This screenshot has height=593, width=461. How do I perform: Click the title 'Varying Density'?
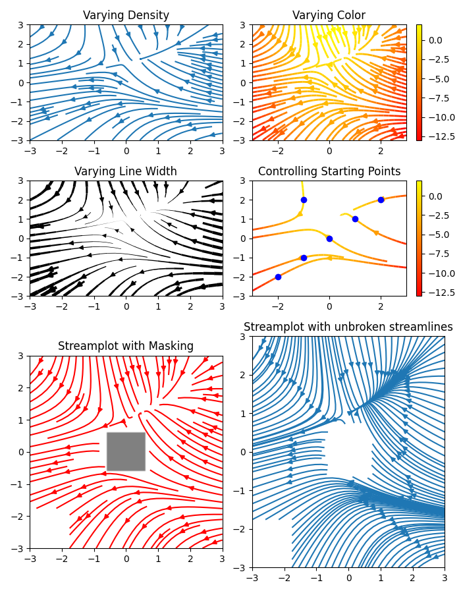point(126,15)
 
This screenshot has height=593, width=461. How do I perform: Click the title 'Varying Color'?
point(329,15)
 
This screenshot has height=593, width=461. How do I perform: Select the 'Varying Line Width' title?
point(126,171)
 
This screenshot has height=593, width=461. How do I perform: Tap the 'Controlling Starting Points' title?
point(329,171)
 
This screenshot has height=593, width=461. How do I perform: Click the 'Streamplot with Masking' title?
point(126,346)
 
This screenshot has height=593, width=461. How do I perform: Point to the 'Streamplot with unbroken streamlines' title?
point(348,327)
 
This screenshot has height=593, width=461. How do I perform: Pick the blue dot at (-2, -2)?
point(278,277)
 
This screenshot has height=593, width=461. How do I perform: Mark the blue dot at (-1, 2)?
point(304,200)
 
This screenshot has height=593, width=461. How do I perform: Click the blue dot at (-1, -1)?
point(304,258)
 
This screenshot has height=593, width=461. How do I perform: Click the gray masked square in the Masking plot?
point(126,451)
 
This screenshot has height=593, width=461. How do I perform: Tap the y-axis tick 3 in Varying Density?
point(22,25)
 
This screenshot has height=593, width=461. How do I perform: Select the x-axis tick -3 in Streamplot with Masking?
point(30,558)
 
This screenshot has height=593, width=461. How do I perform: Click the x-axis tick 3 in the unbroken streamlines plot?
point(445,577)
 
